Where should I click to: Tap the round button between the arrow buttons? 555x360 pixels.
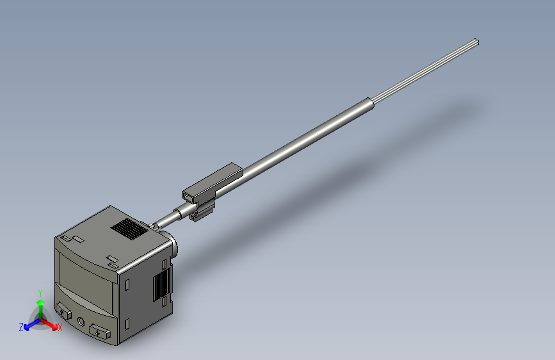[x=81, y=322]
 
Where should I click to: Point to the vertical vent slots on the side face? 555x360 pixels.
[x=161, y=283]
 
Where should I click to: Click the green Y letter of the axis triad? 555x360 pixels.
[x=40, y=292]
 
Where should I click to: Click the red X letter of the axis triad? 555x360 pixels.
[x=60, y=328]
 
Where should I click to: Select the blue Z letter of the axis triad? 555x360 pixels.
[x=21, y=327]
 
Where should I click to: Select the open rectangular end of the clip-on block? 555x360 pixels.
[x=189, y=193]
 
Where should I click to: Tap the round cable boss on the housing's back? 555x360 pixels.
[x=173, y=244]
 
